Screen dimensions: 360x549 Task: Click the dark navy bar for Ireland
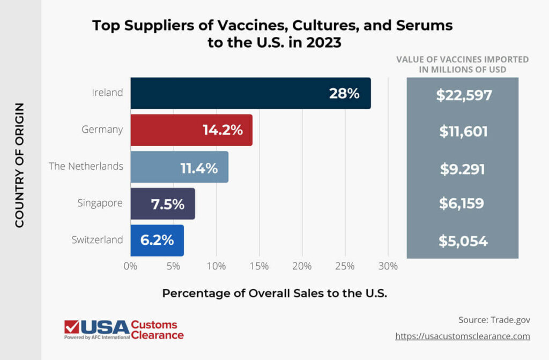[250, 93]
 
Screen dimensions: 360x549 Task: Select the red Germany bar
[191, 130]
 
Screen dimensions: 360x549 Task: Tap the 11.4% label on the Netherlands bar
[199, 168]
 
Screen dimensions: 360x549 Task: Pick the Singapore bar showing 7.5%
[162, 204]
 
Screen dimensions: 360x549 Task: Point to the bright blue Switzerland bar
[157, 240]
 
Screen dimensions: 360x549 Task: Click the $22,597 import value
[463, 95]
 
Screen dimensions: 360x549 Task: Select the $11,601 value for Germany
[463, 131]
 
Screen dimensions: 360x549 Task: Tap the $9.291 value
[463, 169]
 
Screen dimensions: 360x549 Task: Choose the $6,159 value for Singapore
[462, 204]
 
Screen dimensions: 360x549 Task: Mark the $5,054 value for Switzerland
[463, 241]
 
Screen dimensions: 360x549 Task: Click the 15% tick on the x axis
[259, 266]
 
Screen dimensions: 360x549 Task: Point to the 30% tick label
[388, 266]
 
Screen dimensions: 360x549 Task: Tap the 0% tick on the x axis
[130, 266]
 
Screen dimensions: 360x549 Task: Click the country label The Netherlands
[86, 166]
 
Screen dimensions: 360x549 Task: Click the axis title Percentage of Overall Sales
[274, 294]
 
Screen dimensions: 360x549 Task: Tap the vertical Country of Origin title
[20, 165]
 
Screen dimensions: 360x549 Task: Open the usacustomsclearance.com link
[462, 336]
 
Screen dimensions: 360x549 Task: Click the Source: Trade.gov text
[494, 320]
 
